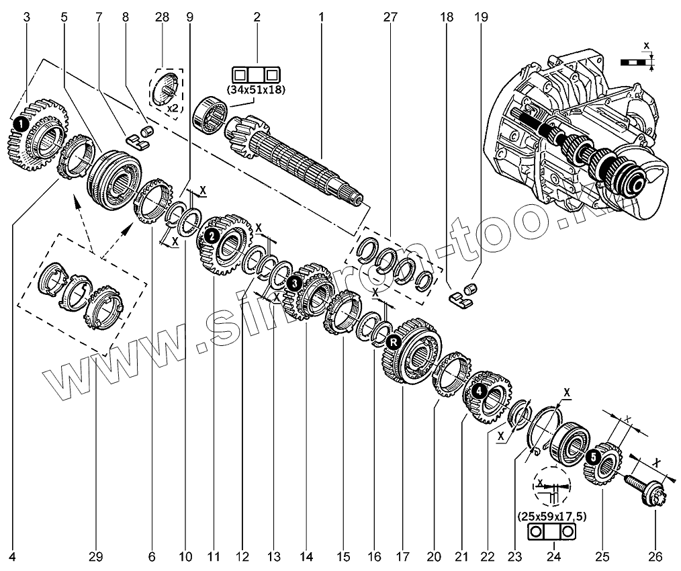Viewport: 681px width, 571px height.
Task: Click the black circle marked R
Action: (394, 343)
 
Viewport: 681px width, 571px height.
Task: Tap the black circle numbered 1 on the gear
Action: (21, 124)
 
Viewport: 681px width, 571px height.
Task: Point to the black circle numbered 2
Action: (211, 236)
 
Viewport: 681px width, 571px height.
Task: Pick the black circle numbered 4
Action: (478, 389)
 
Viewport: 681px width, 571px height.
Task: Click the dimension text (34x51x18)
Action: (256, 88)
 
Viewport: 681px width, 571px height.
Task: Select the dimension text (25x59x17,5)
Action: (553, 517)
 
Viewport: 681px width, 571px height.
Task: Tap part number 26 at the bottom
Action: (655, 556)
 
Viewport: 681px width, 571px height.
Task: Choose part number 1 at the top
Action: (322, 18)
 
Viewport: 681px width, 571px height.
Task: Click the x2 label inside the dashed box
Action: (173, 105)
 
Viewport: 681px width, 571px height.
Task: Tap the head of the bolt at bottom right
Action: (654, 500)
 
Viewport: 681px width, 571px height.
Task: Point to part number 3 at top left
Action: (27, 18)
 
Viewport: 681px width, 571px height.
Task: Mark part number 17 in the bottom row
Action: (402, 556)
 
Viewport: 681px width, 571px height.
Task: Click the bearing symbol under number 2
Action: (256, 73)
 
